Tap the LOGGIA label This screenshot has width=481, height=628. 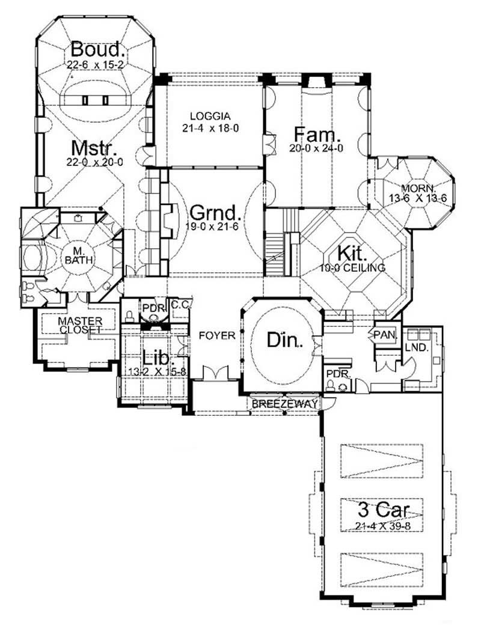[x=206, y=116]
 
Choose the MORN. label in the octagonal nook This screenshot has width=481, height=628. [x=412, y=187]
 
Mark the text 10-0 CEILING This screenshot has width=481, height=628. [x=354, y=268]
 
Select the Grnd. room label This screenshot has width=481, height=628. [x=215, y=213]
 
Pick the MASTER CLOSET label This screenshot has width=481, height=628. [x=80, y=325]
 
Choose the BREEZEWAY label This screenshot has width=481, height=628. [x=284, y=404]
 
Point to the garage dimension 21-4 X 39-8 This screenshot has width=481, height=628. [x=383, y=526]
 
